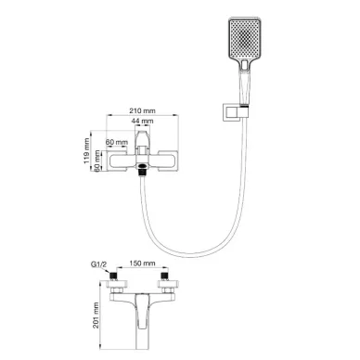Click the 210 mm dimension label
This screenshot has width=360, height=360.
click(142, 110)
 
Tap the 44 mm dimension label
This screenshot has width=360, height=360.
click(142, 121)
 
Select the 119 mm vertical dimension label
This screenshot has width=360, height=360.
click(87, 151)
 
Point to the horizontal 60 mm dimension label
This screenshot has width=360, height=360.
click(116, 142)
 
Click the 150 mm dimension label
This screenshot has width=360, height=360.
click(142, 264)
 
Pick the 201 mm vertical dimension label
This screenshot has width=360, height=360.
click(96, 315)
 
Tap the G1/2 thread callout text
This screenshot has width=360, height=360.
click(98, 264)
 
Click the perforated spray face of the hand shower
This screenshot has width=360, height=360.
click(245, 39)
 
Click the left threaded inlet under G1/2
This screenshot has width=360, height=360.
click(114, 276)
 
